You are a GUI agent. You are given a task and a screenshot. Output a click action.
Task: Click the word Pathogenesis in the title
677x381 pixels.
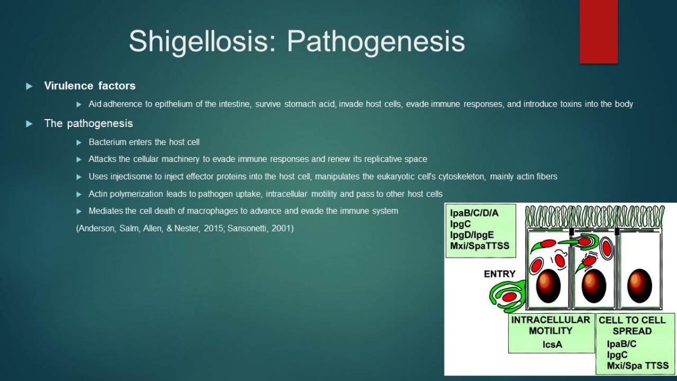[376, 42]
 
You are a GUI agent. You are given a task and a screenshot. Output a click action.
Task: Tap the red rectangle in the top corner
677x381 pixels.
[599, 32]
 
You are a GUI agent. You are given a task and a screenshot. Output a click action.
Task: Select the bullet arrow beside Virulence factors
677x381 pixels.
[29, 86]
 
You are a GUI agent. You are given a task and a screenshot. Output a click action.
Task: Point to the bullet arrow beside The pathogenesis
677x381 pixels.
[29, 124]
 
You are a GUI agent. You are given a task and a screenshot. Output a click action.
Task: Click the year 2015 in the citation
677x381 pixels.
[213, 228]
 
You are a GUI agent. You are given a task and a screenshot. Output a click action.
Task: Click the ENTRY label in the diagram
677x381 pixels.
[500, 274]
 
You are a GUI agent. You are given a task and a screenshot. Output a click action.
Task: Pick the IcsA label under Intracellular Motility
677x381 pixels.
[552, 344]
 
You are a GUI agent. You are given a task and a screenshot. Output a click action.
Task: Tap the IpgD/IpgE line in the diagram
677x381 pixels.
[472, 235]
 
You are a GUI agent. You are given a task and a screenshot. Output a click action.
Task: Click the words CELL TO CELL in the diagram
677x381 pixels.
[632, 320]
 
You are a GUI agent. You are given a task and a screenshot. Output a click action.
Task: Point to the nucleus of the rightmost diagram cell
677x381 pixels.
[640, 286]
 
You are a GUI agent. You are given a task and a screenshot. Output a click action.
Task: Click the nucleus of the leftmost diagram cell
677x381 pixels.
[548, 286]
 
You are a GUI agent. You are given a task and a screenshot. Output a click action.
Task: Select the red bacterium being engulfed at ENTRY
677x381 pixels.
[509, 297]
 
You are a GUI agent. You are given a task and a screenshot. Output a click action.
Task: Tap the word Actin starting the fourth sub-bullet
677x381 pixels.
[98, 194]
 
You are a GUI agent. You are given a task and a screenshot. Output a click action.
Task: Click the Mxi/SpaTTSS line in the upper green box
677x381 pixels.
[480, 246]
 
